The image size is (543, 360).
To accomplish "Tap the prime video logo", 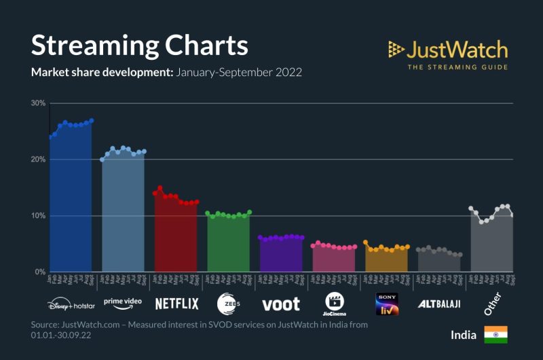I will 123,302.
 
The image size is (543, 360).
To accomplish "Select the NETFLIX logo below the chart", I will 176,303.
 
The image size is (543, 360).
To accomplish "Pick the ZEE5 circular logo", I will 228,303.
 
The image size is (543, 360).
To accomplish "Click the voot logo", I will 280,304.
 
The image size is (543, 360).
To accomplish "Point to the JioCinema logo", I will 333,303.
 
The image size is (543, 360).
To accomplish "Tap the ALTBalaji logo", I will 438,303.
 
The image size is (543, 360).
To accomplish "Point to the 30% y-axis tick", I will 38,103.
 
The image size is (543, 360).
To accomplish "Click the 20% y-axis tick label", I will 38,160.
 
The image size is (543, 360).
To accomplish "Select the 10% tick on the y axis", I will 38,216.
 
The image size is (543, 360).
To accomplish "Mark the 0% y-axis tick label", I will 40,272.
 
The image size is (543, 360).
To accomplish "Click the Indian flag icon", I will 495,334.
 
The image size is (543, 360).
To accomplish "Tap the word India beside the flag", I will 463,335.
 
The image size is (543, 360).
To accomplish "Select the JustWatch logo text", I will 457,50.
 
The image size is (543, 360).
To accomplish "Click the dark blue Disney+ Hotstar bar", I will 71,204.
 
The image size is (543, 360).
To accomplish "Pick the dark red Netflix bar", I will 176,238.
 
